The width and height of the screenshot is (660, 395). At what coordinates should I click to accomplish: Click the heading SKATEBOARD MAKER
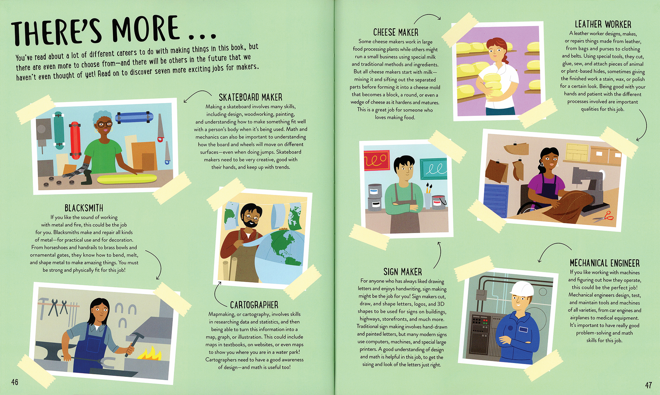coord(250,97)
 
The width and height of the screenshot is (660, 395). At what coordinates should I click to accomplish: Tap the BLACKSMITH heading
coord(84,208)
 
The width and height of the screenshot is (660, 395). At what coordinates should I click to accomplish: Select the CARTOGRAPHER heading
coord(254,305)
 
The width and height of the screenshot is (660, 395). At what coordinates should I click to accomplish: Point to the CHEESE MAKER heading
coord(396,32)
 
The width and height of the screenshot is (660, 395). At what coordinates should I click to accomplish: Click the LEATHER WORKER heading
coord(603,24)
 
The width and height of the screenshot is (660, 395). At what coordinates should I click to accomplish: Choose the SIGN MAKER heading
coord(402,272)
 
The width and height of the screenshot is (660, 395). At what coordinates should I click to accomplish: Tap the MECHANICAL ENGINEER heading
coord(605,263)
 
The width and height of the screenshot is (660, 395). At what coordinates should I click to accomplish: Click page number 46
coord(15,382)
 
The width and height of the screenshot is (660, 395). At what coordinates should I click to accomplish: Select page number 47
coord(648,385)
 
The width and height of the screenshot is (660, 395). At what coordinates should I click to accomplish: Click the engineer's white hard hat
coord(521,290)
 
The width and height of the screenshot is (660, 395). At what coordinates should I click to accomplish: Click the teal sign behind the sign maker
coord(434,168)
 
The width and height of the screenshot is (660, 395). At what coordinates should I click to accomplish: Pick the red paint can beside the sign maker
coord(438,202)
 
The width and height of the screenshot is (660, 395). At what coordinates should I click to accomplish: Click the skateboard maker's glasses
coord(105,125)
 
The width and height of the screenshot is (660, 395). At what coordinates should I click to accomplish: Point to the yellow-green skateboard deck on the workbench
coord(127,179)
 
